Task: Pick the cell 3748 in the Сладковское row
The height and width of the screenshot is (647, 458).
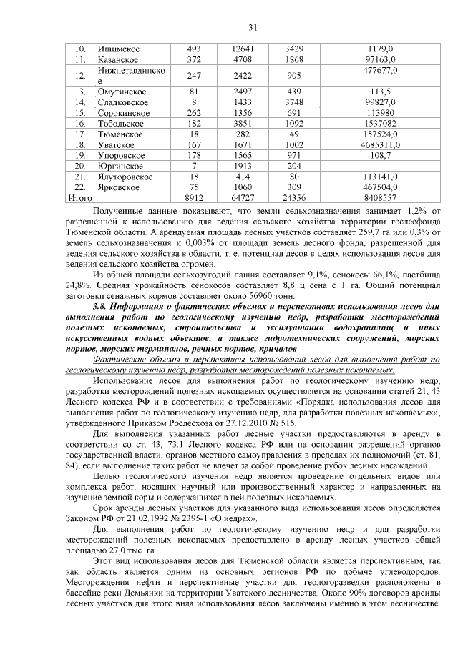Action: (294, 102)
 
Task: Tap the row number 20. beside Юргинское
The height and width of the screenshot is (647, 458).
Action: (81, 165)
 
